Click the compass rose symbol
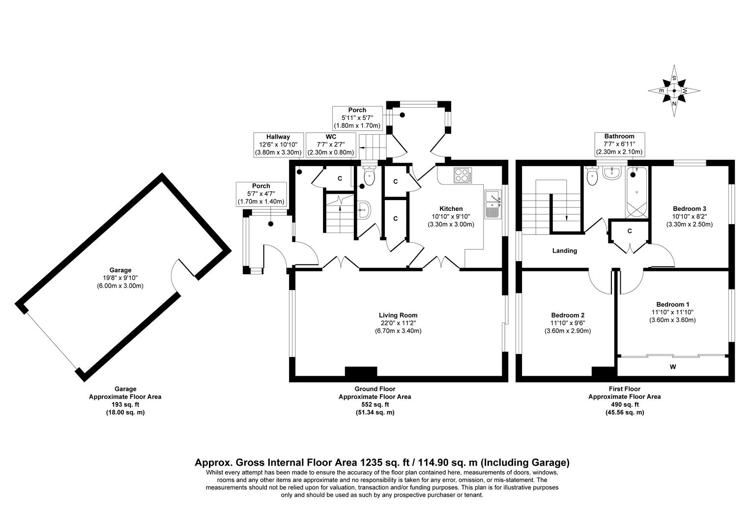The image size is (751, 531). pyautogui.click(x=674, y=91)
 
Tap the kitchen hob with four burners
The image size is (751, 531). pyautogui.click(x=463, y=175)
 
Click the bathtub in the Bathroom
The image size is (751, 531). pyautogui.click(x=636, y=193)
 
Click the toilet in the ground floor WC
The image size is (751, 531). pyautogui.click(x=369, y=176)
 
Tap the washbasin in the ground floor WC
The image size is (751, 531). pyautogui.click(x=365, y=210)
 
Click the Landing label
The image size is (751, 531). pyautogui.click(x=564, y=251)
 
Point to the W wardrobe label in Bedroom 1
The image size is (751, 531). pyautogui.click(x=672, y=366)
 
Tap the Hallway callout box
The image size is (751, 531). pyautogui.click(x=278, y=145)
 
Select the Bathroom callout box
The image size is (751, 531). pyautogui.click(x=619, y=144)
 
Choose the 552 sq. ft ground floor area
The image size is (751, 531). pyautogui.click(x=375, y=405)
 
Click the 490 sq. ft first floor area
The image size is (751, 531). pyautogui.click(x=624, y=405)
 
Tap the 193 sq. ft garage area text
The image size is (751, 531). pyautogui.click(x=125, y=405)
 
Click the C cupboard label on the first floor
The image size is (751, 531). pyautogui.click(x=629, y=231)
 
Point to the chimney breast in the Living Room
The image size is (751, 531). pyautogui.click(x=361, y=372)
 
